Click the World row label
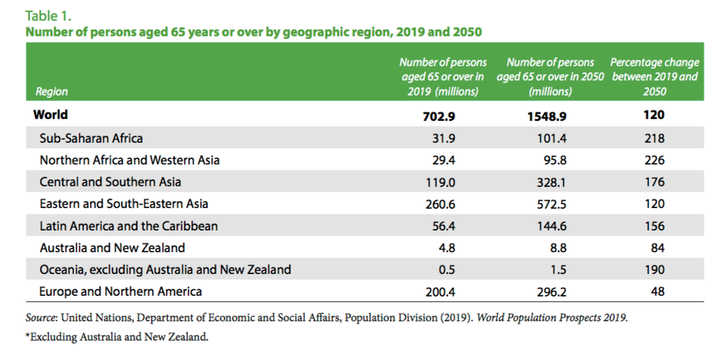pyautogui.click(x=51, y=115)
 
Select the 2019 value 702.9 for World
pyautogui.click(x=439, y=116)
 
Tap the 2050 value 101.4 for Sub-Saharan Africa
pyautogui.click(x=552, y=139)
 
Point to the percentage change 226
pyautogui.click(x=655, y=160)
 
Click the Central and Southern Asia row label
pyautogui.click(x=110, y=182)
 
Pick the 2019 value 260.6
pyautogui.click(x=440, y=204)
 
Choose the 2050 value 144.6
pyautogui.click(x=552, y=226)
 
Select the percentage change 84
pyautogui.click(x=658, y=248)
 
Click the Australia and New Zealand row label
pyautogui.click(x=112, y=248)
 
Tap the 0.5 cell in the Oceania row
pyautogui.click(x=446, y=270)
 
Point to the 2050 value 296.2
pyautogui.click(x=552, y=292)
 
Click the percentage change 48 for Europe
pyautogui.click(x=658, y=292)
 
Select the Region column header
pyautogui.click(x=51, y=92)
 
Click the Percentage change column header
pyautogui.click(x=655, y=77)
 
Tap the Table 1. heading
pyautogui.click(x=48, y=16)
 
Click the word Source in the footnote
pyautogui.click(x=40, y=318)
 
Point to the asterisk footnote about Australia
pyautogui.click(x=117, y=337)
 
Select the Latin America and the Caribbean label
pyautogui.click(x=129, y=226)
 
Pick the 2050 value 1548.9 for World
pyautogui.click(x=547, y=116)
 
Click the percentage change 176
pyautogui.click(x=655, y=182)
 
